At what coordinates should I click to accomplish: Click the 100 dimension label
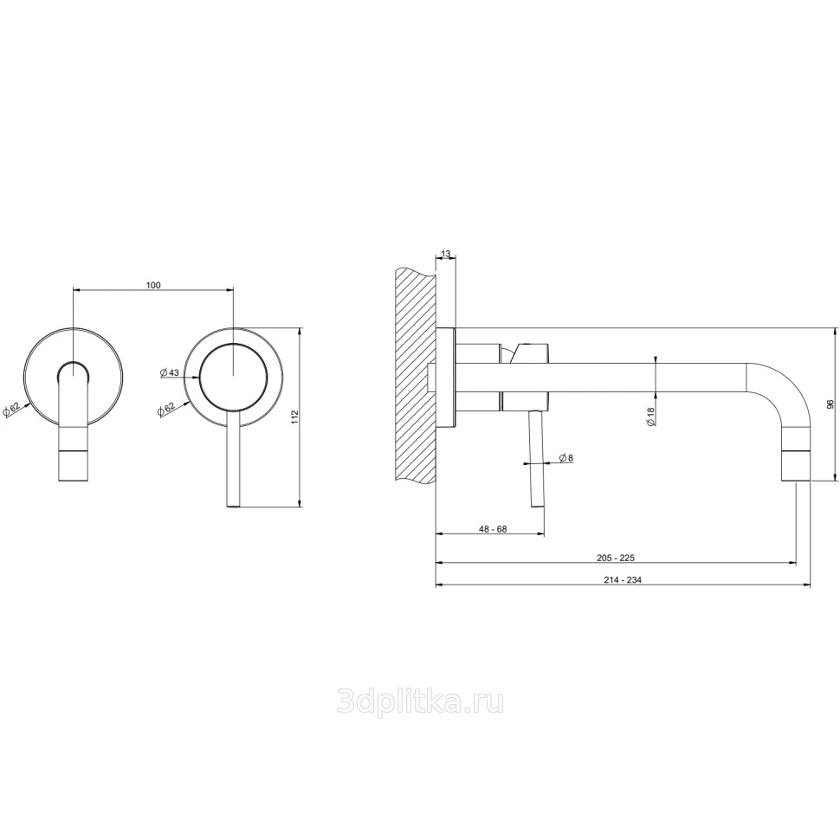point(153,286)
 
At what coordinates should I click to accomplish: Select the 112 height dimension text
point(294,417)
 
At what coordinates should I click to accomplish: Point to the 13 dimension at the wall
point(445,253)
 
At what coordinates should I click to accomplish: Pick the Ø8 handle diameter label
point(566,458)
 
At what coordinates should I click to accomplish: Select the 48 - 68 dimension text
point(493,529)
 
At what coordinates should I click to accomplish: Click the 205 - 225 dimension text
point(616,558)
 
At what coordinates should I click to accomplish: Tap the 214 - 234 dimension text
point(623,580)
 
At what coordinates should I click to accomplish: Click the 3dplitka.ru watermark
point(420,701)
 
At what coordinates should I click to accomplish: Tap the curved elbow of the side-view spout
point(783,384)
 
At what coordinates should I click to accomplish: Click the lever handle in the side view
point(537,458)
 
